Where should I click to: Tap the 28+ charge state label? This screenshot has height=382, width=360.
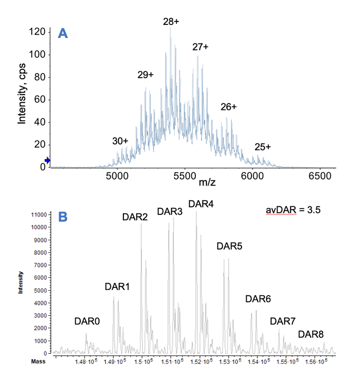pos(171,22)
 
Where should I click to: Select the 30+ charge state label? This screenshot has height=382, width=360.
pos(120,141)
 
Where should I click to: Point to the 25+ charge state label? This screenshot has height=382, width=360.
pos(262,146)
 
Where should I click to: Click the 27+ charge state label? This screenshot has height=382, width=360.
pos(200,47)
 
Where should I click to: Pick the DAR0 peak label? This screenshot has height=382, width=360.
pos(87,322)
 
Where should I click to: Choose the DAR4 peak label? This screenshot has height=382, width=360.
pos(201,204)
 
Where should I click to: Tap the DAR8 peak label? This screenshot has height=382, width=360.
pos(311,334)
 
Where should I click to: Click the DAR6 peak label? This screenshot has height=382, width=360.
pos(258,299)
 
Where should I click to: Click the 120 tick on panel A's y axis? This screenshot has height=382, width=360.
pos(37,32)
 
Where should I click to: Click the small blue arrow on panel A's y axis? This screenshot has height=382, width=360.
pos(47,160)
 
